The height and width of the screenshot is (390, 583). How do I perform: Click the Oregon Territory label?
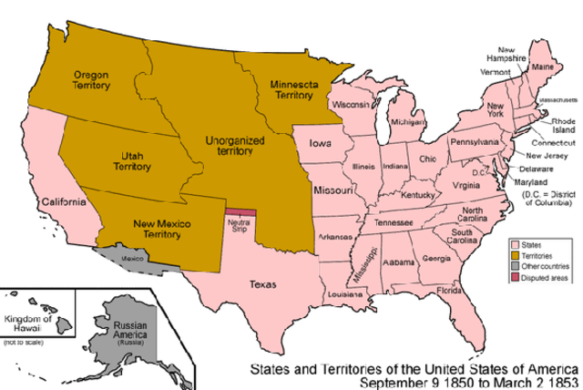(91, 80)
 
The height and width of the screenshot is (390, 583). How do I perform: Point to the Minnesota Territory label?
(293, 88)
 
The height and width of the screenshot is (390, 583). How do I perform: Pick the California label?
(61, 201)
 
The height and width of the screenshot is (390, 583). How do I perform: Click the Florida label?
(449, 291)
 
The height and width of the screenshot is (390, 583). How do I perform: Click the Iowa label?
(320, 144)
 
